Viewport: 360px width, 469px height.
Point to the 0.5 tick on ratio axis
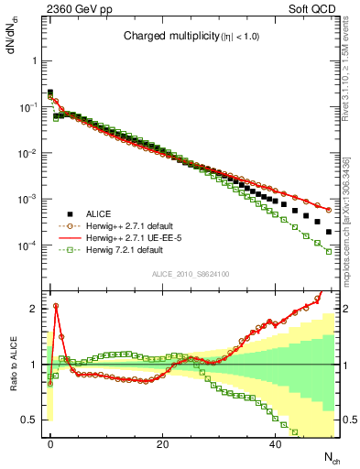click(x=31, y=420)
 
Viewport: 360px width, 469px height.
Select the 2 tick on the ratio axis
click(x=35, y=309)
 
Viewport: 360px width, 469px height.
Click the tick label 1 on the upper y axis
click(x=35, y=60)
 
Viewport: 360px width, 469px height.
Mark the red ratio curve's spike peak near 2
click(x=56, y=306)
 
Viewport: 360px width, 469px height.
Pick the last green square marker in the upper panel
click(x=328, y=252)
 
